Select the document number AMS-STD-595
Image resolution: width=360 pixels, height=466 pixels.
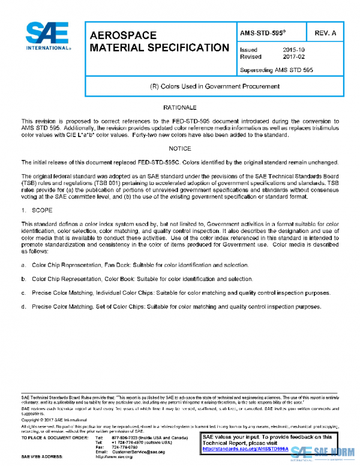click(x=262, y=31)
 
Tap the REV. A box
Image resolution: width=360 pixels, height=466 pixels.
click(x=324, y=32)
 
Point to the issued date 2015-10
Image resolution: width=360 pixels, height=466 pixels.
click(x=293, y=50)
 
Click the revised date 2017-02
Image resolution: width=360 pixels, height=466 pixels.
click(x=293, y=56)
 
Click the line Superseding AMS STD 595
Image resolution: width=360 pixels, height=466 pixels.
click(x=276, y=70)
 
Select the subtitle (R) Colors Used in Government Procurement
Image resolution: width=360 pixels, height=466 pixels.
click(x=214, y=86)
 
